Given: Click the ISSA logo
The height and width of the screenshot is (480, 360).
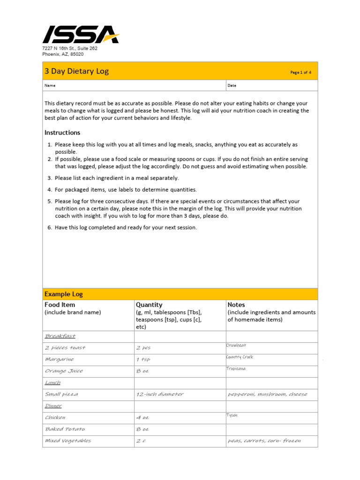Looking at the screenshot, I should [80, 35].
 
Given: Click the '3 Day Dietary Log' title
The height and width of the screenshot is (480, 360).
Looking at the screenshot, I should [76, 71].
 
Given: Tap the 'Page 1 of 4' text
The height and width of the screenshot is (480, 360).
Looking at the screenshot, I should [300, 72].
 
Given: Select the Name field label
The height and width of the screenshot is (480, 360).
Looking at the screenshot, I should [50, 86].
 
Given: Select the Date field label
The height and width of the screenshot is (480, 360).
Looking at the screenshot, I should [232, 86].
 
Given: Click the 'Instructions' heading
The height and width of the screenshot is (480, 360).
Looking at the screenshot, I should [62, 133].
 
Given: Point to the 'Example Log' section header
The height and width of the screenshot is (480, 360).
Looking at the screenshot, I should [63, 294].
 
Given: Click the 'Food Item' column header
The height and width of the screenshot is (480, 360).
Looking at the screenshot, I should [60, 305].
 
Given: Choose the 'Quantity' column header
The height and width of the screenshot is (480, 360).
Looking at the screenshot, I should [149, 305].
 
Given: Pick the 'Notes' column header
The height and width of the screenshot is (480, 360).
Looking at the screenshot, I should [236, 305].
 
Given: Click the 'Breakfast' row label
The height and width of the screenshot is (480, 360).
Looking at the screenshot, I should [60, 336].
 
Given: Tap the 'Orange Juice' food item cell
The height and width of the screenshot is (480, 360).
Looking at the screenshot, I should [64, 371].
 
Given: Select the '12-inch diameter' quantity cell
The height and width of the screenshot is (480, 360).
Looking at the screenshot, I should [159, 394].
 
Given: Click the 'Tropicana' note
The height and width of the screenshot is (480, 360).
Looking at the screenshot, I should [236, 368].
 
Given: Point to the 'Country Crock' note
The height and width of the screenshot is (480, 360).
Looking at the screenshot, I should [240, 357].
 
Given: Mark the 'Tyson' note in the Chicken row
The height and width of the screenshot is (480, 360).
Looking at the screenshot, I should [232, 415].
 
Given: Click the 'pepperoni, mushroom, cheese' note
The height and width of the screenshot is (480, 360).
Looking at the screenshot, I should [267, 394].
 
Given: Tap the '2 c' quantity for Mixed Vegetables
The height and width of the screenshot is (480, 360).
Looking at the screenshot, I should [141, 441].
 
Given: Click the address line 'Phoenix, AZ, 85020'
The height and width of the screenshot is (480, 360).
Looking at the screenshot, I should [63, 54].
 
